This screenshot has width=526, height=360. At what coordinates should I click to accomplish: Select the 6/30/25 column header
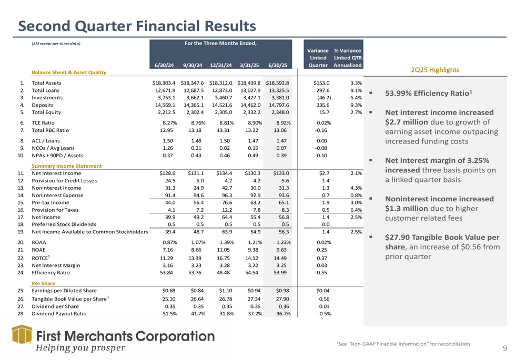tap(277, 65)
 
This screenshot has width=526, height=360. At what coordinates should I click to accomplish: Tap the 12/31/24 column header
tap(220, 65)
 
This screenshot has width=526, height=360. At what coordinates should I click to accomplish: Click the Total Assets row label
tap(46, 83)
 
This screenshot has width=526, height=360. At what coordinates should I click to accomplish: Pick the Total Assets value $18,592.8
tap(277, 83)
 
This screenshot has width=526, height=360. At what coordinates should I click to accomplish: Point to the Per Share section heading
tap(44, 282)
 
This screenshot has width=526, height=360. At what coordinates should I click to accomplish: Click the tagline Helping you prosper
tap(79, 347)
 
